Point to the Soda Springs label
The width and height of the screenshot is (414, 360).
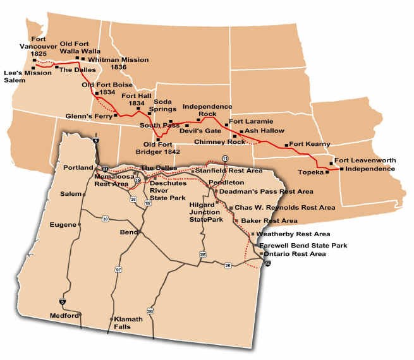tap(159, 105)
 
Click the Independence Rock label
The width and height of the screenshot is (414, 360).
tap(207, 110)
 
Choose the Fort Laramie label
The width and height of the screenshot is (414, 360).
tap(252, 121)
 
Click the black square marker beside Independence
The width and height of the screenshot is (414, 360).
tap(341, 169)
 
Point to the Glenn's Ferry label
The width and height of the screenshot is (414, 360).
tap(88, 116)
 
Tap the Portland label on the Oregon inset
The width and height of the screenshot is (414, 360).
tap(78, 167)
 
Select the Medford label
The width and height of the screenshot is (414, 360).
tap(64, 315)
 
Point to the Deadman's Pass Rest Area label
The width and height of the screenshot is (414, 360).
tap(266, 191)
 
